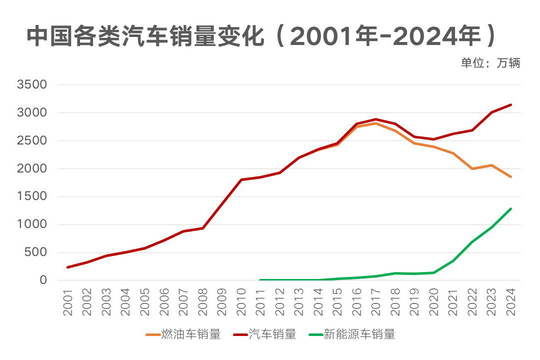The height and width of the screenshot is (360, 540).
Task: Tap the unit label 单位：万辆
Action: [x=490, y=63]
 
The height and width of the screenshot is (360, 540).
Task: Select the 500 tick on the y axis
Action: [x=38, y=252]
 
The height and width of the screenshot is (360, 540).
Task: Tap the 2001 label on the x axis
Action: [x=68, y=302]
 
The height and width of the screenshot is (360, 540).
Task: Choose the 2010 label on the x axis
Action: [x=241, y=302]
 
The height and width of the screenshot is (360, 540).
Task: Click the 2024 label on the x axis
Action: [x=510, y=302]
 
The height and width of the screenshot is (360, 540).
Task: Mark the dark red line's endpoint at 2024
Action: [x=510, y=104]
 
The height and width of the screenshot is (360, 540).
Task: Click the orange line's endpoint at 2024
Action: [x=510, y=176]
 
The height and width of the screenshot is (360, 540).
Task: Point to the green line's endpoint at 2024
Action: [x=510, y=208]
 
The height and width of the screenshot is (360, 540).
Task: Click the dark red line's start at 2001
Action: [x=68, y=267]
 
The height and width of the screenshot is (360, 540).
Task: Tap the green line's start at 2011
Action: [x=260, y=280]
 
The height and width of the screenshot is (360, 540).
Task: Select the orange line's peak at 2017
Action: [x=376, y=123]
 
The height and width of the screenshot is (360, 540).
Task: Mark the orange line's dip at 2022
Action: [x=472, y=168]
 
